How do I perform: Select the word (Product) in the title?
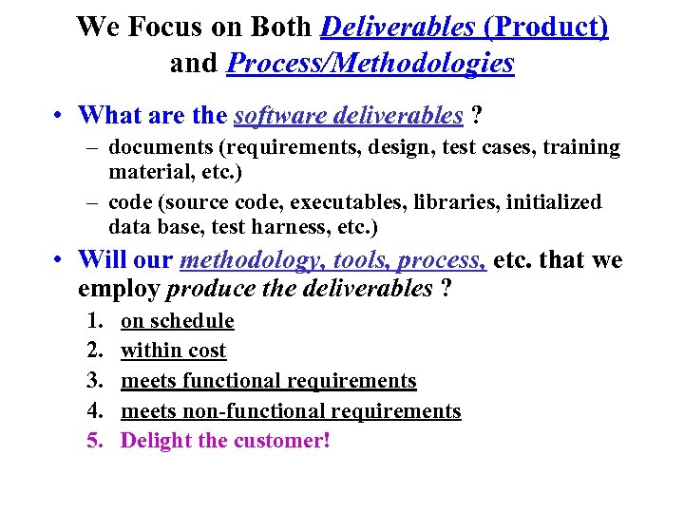click(x=546, y=27)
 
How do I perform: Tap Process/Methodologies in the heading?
click(x=370, y=64)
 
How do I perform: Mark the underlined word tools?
click(x=360, y=260)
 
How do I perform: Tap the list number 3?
click(x=94, y=381)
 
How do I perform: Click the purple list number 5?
click(x=94, y=441)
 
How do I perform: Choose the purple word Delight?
click(x=156, y=441)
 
